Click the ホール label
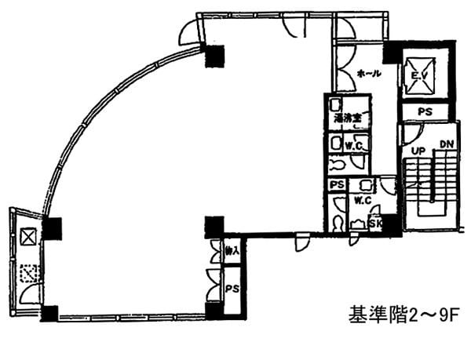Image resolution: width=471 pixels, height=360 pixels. [369, 74]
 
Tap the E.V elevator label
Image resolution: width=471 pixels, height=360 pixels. [424, 76]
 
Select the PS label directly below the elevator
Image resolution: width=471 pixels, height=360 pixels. [425, 112]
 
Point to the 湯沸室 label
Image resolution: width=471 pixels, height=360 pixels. [347, 119]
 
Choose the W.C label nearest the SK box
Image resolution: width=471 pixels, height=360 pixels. [362, 200]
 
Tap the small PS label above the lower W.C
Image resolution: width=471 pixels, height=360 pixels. [337, 185]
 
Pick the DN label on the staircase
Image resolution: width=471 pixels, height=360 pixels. [446, 144]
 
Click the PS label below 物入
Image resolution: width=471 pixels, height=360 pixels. [232, 288]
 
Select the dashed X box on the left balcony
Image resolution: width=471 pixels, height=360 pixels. [29, 275]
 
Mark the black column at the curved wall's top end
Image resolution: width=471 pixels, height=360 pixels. [214, 56]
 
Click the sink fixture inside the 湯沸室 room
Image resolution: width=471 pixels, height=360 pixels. [336, 104]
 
